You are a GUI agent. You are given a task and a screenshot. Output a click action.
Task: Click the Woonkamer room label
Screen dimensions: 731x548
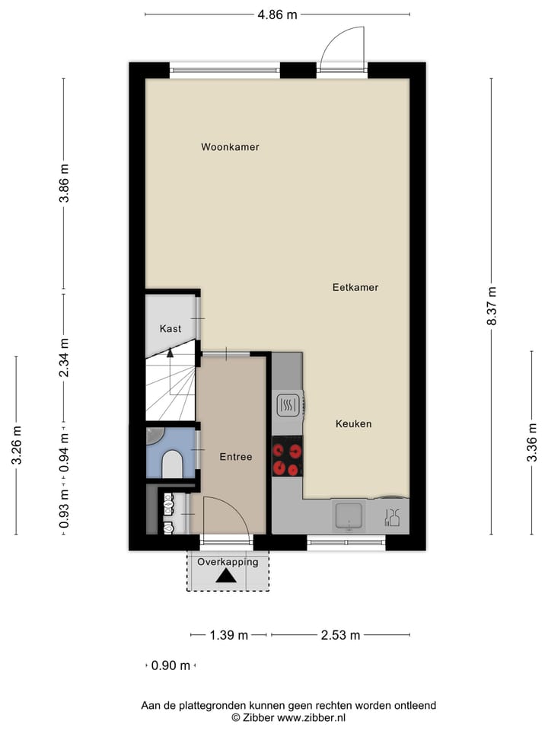coord(230,147)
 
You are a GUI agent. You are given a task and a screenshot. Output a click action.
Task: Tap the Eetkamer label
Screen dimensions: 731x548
coord(355,288)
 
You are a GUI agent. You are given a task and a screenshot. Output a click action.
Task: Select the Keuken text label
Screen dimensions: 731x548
coord(354,423)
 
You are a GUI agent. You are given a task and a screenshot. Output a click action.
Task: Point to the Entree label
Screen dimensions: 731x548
coord(235,457)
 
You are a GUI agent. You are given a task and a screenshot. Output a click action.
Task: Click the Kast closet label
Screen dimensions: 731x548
coord(170,329)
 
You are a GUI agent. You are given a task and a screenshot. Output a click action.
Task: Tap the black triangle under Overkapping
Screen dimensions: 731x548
coord(226,576)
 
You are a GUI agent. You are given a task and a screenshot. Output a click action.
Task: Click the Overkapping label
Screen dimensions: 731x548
coord(228,562)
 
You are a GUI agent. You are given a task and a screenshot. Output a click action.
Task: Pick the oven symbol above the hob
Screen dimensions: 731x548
coord(288,406)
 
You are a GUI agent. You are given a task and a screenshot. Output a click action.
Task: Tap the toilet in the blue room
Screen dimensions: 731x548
coord(173,464)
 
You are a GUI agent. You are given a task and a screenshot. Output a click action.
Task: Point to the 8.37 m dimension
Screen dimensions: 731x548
coord(492,306)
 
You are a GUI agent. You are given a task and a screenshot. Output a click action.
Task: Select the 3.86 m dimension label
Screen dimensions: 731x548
coord(64,184)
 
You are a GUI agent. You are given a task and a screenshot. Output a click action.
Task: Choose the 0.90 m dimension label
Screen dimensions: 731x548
coord(170,666)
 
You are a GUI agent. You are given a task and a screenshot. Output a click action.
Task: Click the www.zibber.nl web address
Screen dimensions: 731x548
coord(311,717)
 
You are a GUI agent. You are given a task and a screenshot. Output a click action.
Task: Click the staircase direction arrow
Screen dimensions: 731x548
coord(170,352)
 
